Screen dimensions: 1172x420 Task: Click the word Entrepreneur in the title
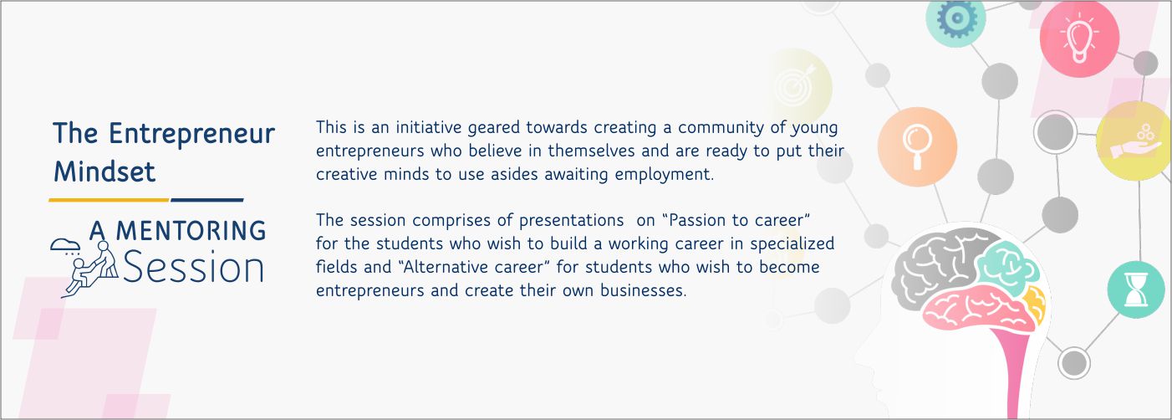(191, 135)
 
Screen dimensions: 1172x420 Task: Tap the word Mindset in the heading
(104, 172)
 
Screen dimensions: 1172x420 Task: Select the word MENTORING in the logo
(191, 230)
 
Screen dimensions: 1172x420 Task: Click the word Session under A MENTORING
(193, 266)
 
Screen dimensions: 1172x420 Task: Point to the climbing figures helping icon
(84, 267)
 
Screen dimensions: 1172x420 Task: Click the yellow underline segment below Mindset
(109, 199)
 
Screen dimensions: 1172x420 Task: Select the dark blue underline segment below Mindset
(207, 199)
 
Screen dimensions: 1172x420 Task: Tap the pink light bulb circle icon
(1079, 38)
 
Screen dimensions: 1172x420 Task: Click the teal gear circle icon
(956, 18)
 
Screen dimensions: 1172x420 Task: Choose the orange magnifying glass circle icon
(917, 146)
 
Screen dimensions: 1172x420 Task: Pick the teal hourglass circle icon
(1135, 289)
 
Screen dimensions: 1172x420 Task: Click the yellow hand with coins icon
(1134, 141)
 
